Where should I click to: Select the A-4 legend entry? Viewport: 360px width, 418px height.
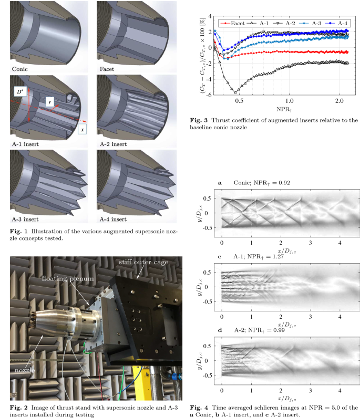click(337, 24)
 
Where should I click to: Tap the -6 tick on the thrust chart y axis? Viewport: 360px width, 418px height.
click(209, 95)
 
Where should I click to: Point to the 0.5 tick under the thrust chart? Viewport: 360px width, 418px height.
click(239, 101)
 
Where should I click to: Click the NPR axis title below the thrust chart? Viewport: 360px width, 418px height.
click(284, 109)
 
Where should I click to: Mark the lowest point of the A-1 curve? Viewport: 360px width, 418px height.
click(235, 92)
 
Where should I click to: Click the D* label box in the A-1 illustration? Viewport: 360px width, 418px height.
click(20, 92)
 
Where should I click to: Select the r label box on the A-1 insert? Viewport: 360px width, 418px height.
click(50, 102)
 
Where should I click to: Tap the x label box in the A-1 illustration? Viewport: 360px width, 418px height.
click(82, 130)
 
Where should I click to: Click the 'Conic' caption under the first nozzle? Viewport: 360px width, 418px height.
click(20, 69)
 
